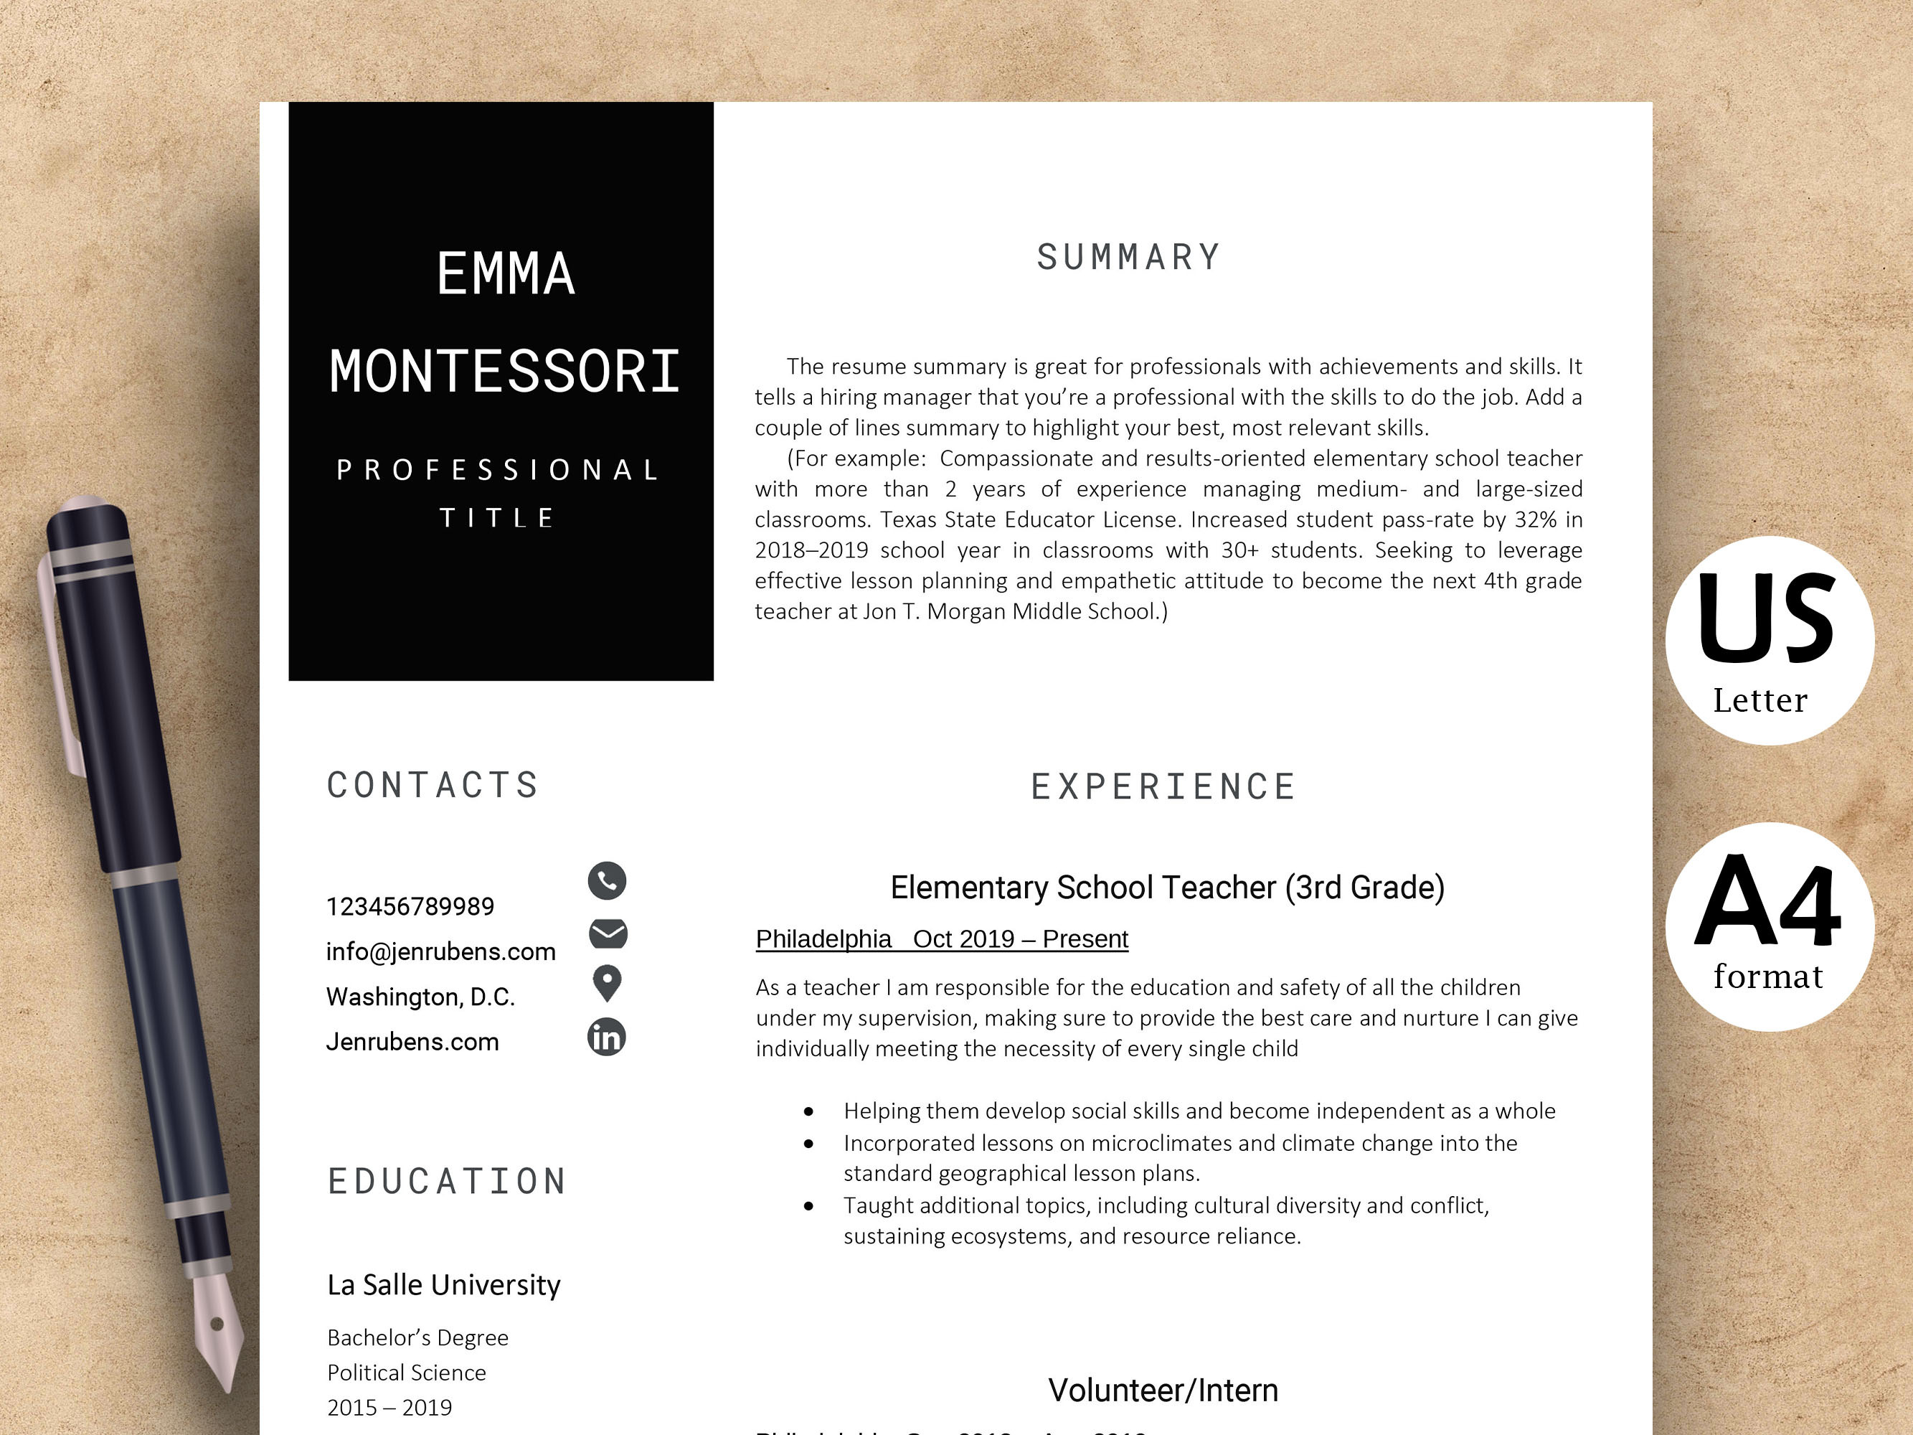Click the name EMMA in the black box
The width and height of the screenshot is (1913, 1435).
click(x=506, y=274)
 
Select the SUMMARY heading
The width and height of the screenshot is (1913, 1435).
click(x=1128, y=258)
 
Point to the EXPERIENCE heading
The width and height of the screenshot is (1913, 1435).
click(x=1163, y=787)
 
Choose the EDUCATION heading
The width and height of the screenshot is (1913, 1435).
click(x=447, y=1182)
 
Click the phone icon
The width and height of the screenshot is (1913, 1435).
click(x=607, y=880)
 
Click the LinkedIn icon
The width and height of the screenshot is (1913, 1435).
click(x=606, y=1037)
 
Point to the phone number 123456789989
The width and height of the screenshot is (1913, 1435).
click(x=410, y=906)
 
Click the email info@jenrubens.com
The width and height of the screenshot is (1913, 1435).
click(x=441, y=951)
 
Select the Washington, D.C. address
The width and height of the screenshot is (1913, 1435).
click(x=420, y=997)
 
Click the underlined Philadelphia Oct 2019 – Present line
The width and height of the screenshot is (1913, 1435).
click(x=942, y=939)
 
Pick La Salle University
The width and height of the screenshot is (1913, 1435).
click(x=444, y=1285)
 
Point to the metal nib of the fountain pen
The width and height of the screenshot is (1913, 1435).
click(x=215, y=1328)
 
